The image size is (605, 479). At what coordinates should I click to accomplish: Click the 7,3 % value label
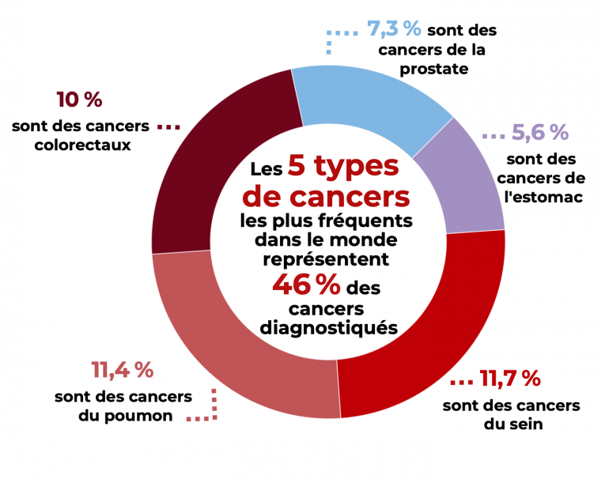coord(394,29)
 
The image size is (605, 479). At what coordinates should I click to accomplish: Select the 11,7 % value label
coord(510,379)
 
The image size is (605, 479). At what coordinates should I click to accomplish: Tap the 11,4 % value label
coord(122,369)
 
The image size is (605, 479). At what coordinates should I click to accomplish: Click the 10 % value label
coord(79,100)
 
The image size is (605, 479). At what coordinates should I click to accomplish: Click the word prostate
coord(433,69)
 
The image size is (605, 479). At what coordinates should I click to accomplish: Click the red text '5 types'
coord(342,166)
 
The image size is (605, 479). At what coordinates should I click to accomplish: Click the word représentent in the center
coord(327,258)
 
